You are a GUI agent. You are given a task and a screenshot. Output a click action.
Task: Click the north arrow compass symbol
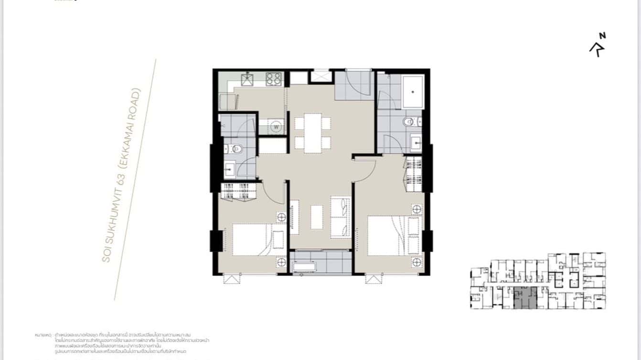click(598, 45)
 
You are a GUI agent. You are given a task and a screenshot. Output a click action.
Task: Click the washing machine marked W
click(276, 127)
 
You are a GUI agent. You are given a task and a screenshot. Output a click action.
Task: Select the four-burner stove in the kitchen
click(274, 79)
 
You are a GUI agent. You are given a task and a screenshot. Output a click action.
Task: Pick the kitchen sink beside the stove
click(247, 79)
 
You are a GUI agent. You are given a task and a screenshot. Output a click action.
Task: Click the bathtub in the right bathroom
click(412, 92)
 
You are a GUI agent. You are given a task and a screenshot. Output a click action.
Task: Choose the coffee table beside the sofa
click(317, 217)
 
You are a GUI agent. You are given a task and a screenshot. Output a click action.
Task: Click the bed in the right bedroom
click(394, 236)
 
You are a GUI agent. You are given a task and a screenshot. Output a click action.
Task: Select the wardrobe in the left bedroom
click(238, 190)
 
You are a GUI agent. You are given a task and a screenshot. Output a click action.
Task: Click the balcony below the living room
click(321, 262)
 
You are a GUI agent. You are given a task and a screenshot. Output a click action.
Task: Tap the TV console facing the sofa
click(294, 217)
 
